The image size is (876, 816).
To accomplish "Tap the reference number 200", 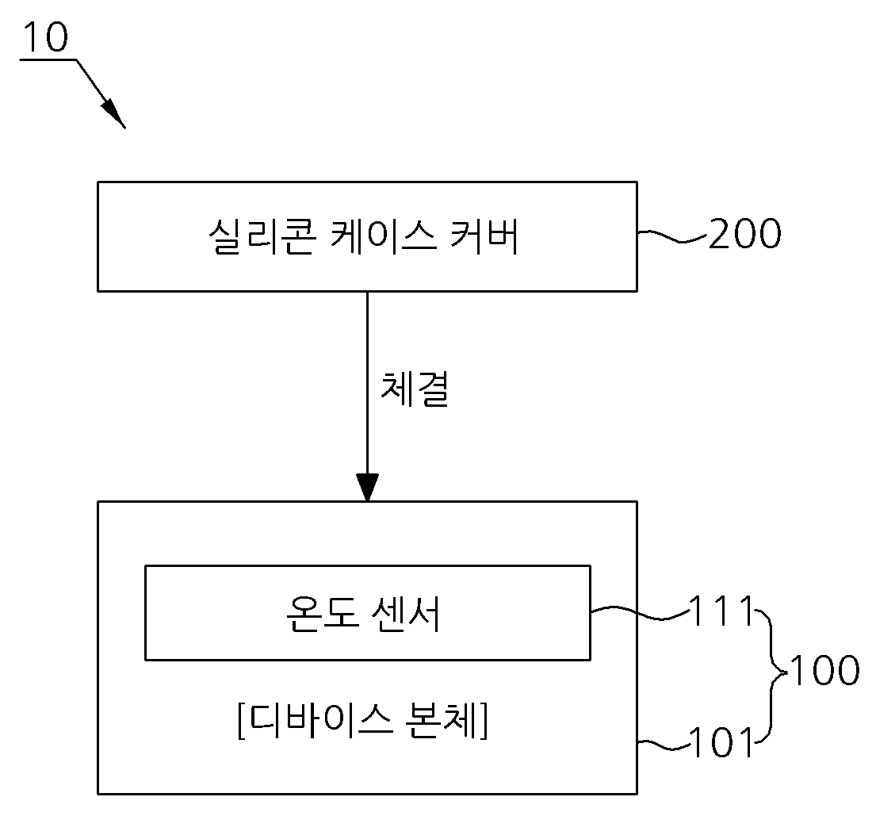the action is click(744, 233).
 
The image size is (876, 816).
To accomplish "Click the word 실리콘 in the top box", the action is click(262, 236).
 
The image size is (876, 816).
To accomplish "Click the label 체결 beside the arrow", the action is click(415, 389).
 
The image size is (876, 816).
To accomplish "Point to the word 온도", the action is click(321, 613).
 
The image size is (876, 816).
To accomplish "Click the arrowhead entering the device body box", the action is click(367, 488).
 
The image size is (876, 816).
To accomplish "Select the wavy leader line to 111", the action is click(641, 613).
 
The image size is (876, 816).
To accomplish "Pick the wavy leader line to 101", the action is click(664, 745).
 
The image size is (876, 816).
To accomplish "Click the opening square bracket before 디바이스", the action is click(241, 720).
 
